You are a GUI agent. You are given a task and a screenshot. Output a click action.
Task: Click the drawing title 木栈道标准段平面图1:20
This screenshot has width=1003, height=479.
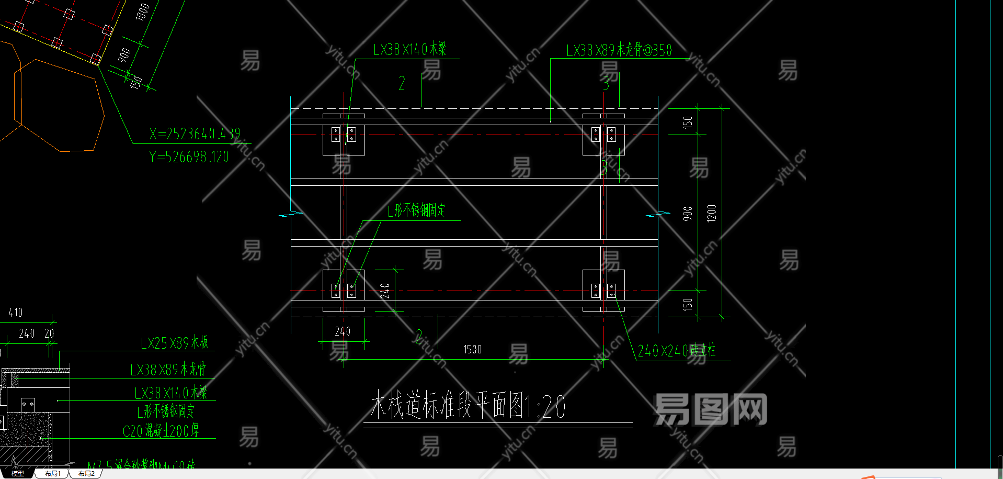[x=468, y=406]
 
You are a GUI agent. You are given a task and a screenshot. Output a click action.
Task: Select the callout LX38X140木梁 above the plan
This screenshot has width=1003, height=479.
[x=409, y=50]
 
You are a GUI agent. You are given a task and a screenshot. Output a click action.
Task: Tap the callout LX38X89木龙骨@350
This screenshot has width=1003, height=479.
[x=619, y=50]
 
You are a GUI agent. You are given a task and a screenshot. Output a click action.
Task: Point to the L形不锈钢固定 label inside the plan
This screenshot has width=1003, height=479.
[x=416, y=210]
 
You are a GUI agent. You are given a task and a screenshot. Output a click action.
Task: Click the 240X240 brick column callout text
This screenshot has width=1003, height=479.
[x=676, y=350]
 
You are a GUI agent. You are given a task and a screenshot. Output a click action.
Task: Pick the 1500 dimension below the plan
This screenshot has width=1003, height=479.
[x=472, y=349]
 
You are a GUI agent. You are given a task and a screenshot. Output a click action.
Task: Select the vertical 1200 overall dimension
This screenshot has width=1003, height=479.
[x=711, y=213]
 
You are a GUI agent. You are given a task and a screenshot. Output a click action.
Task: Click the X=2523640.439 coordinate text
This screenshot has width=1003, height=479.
[x=195, y=134]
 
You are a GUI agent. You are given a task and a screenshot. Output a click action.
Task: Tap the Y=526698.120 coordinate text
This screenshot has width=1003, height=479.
[x=189, y=157]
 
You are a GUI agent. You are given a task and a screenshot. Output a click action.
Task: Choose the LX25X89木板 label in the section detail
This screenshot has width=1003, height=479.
[x=174, y=343]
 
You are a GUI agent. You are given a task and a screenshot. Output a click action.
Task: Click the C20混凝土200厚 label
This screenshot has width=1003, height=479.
[x=161, y=431]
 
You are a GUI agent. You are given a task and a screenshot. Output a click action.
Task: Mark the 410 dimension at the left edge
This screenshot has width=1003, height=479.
[x=16, y=313]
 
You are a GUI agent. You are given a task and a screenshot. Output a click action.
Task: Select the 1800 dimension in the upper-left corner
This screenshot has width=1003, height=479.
[x=142, y=12]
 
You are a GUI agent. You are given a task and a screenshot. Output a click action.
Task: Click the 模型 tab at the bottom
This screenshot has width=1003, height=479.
[x=18, y=473]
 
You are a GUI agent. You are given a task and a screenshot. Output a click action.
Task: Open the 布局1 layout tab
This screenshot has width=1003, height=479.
[x=52, y=473]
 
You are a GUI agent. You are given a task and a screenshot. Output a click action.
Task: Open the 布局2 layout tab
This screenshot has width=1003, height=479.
[x=86, y=473]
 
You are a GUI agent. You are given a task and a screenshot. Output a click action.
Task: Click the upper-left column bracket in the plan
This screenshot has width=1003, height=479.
[x=344, y=134]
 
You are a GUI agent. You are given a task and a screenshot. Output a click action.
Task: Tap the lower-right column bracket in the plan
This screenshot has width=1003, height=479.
[x=603, y=291]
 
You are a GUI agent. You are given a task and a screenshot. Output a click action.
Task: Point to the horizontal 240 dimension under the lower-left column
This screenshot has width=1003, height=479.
[x=343, y=331]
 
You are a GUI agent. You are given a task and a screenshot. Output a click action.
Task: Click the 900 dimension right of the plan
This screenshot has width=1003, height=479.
[x=687, y=214]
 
